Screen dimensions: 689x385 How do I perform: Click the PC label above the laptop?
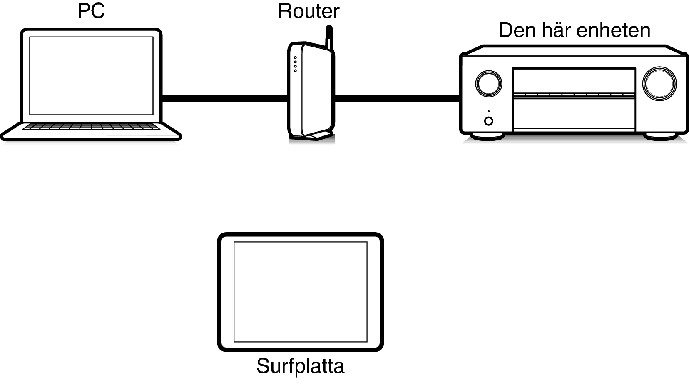91,11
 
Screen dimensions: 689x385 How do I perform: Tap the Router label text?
308,11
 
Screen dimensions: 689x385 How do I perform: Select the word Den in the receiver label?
515,30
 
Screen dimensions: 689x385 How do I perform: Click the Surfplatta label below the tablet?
300,366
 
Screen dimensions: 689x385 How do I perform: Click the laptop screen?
91,76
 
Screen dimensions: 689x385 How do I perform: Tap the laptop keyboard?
91,127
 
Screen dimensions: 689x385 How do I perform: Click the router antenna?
329,38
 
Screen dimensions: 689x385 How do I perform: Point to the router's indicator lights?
295,64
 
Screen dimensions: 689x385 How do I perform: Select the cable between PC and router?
225,98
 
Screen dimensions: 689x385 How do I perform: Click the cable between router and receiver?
397,98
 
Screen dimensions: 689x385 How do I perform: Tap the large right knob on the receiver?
659,84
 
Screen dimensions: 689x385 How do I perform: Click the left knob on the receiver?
488,84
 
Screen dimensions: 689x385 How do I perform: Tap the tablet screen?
300,292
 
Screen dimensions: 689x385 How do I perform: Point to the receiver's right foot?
660,136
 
